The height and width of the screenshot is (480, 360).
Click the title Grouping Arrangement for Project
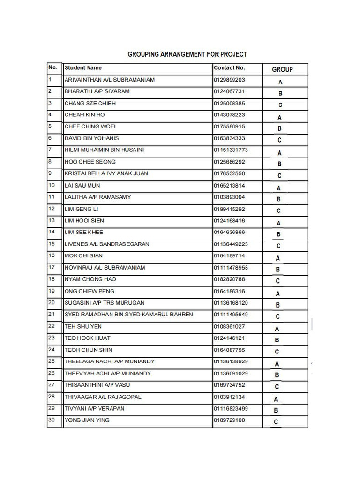click(x=187, y=54)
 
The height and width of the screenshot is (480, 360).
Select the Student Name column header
click(x=83, y=68)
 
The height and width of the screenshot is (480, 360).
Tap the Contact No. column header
click(x=229, y=68)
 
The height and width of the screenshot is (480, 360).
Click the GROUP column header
click(x=282, y=69)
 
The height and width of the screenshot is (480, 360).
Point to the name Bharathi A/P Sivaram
click(x=97, y=91)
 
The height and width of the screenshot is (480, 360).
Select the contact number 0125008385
click(x=229, y=103)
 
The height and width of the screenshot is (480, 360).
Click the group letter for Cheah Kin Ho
click(x=279, y=117)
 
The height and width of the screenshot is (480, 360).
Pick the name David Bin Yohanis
click(x=92, y=138)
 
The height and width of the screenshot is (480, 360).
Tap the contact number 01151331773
click(x=231, y=150)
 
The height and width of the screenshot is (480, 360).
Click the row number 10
click(x=52, y=185)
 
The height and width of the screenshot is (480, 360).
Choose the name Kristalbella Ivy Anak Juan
click(x=106, y=173)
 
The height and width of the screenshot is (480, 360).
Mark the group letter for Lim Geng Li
click(x=279, y=211)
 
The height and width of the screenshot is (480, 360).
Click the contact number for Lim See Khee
click(x=229, y=232)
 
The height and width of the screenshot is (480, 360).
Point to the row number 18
click(x=52, y=279)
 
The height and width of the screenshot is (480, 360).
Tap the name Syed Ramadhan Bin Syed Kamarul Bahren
click(x=129, y=315)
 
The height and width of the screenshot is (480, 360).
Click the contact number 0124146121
click(x=229, y=338)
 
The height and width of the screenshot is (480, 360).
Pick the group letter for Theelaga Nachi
click(x=277, y=364)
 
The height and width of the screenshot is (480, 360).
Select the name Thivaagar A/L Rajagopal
click(x=103, y=397)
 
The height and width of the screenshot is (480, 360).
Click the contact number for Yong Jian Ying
click(x=229, y=420)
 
